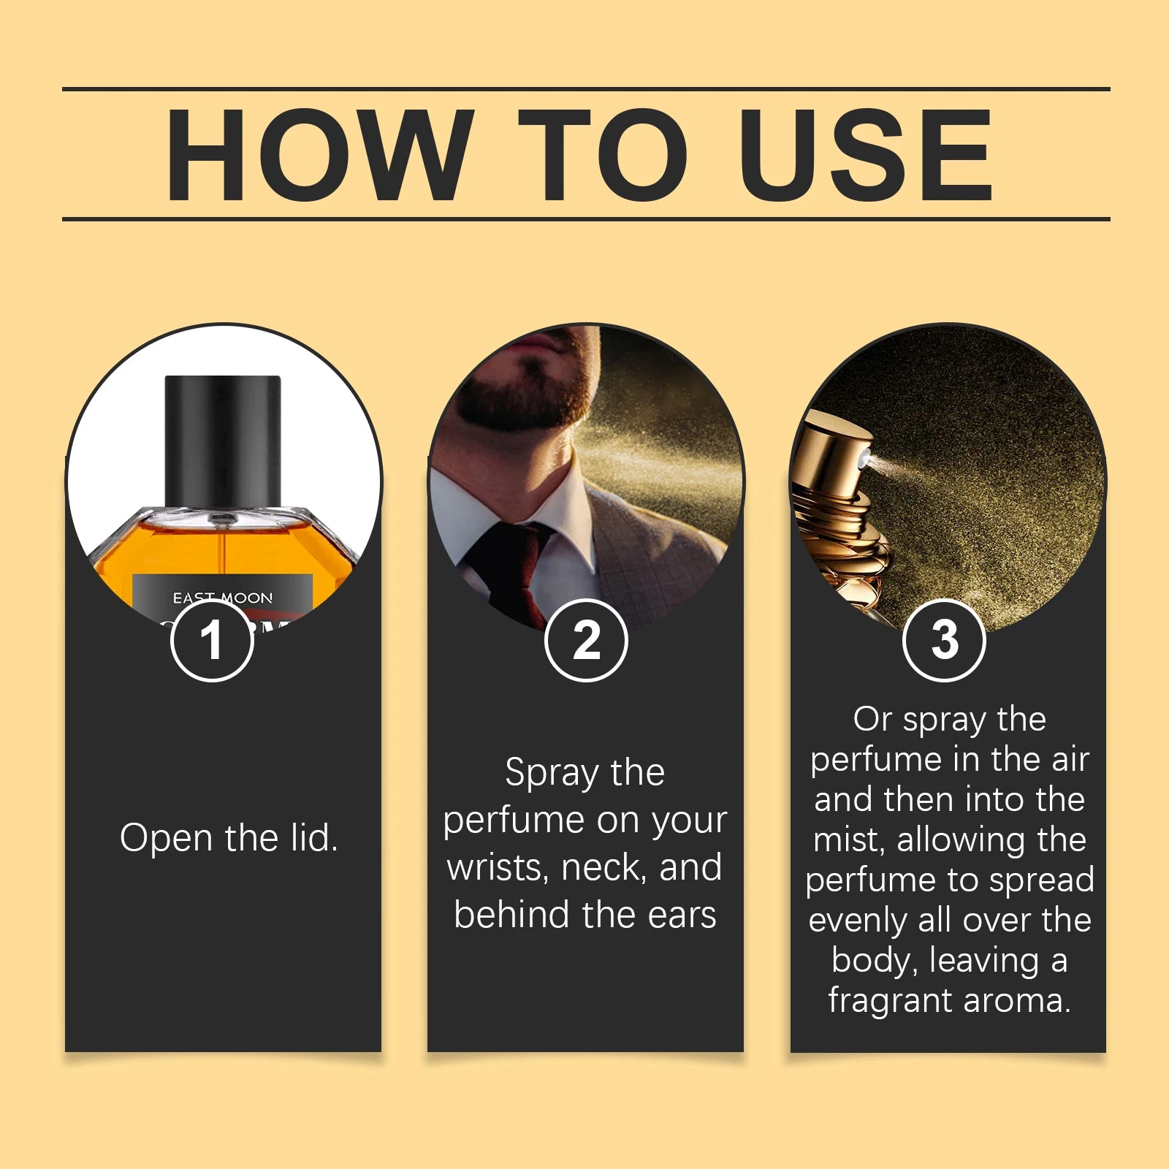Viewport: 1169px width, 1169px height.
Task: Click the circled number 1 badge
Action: (x=212, y=641)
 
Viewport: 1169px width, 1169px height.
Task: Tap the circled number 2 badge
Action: (x=586, y=641)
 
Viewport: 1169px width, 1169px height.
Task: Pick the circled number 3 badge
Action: (x=944, y=641)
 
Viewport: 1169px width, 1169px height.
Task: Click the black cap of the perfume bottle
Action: (x=223, y=438)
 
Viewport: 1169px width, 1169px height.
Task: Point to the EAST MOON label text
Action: (x=222, y=598)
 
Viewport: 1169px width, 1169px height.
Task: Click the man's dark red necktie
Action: (x=511, y=570)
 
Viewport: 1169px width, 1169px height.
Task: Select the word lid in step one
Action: (x=313, y=838)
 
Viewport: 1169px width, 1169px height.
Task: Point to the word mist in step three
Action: (x=848, y=839)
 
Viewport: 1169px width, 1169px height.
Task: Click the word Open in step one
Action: (x=167, y=838)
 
